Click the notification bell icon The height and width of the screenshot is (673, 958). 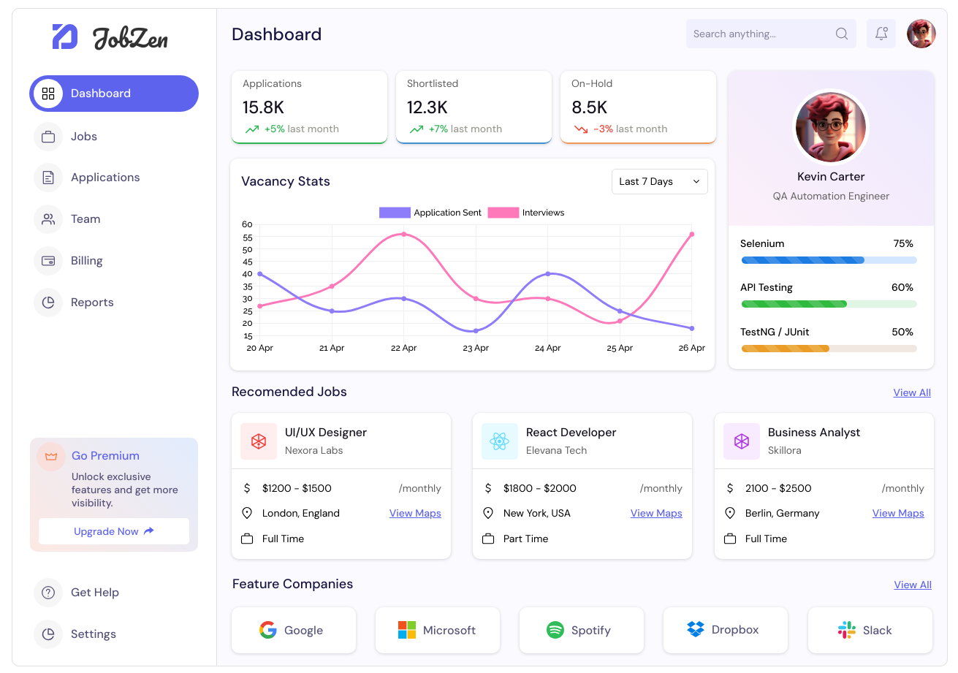881,34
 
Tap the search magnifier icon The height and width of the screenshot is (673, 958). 841,34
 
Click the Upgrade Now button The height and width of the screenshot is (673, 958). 114,531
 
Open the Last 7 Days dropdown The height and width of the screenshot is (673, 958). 659,182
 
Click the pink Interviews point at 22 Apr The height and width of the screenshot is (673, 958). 403,235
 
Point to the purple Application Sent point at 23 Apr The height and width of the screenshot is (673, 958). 476,331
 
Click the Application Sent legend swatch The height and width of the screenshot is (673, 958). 395,213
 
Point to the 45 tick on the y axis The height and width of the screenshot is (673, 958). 247,262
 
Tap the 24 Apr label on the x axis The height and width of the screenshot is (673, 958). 547,348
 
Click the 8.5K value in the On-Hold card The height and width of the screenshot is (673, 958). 589,107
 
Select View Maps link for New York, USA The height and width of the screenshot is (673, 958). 656,513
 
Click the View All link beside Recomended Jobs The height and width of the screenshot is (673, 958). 912,392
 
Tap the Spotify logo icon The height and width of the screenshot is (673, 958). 555,630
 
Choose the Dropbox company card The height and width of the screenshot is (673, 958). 726,630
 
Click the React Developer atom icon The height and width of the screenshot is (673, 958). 499,441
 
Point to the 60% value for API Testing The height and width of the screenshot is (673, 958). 902,287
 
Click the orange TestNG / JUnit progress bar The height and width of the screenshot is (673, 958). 829,349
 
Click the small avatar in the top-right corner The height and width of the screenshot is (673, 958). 921,34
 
